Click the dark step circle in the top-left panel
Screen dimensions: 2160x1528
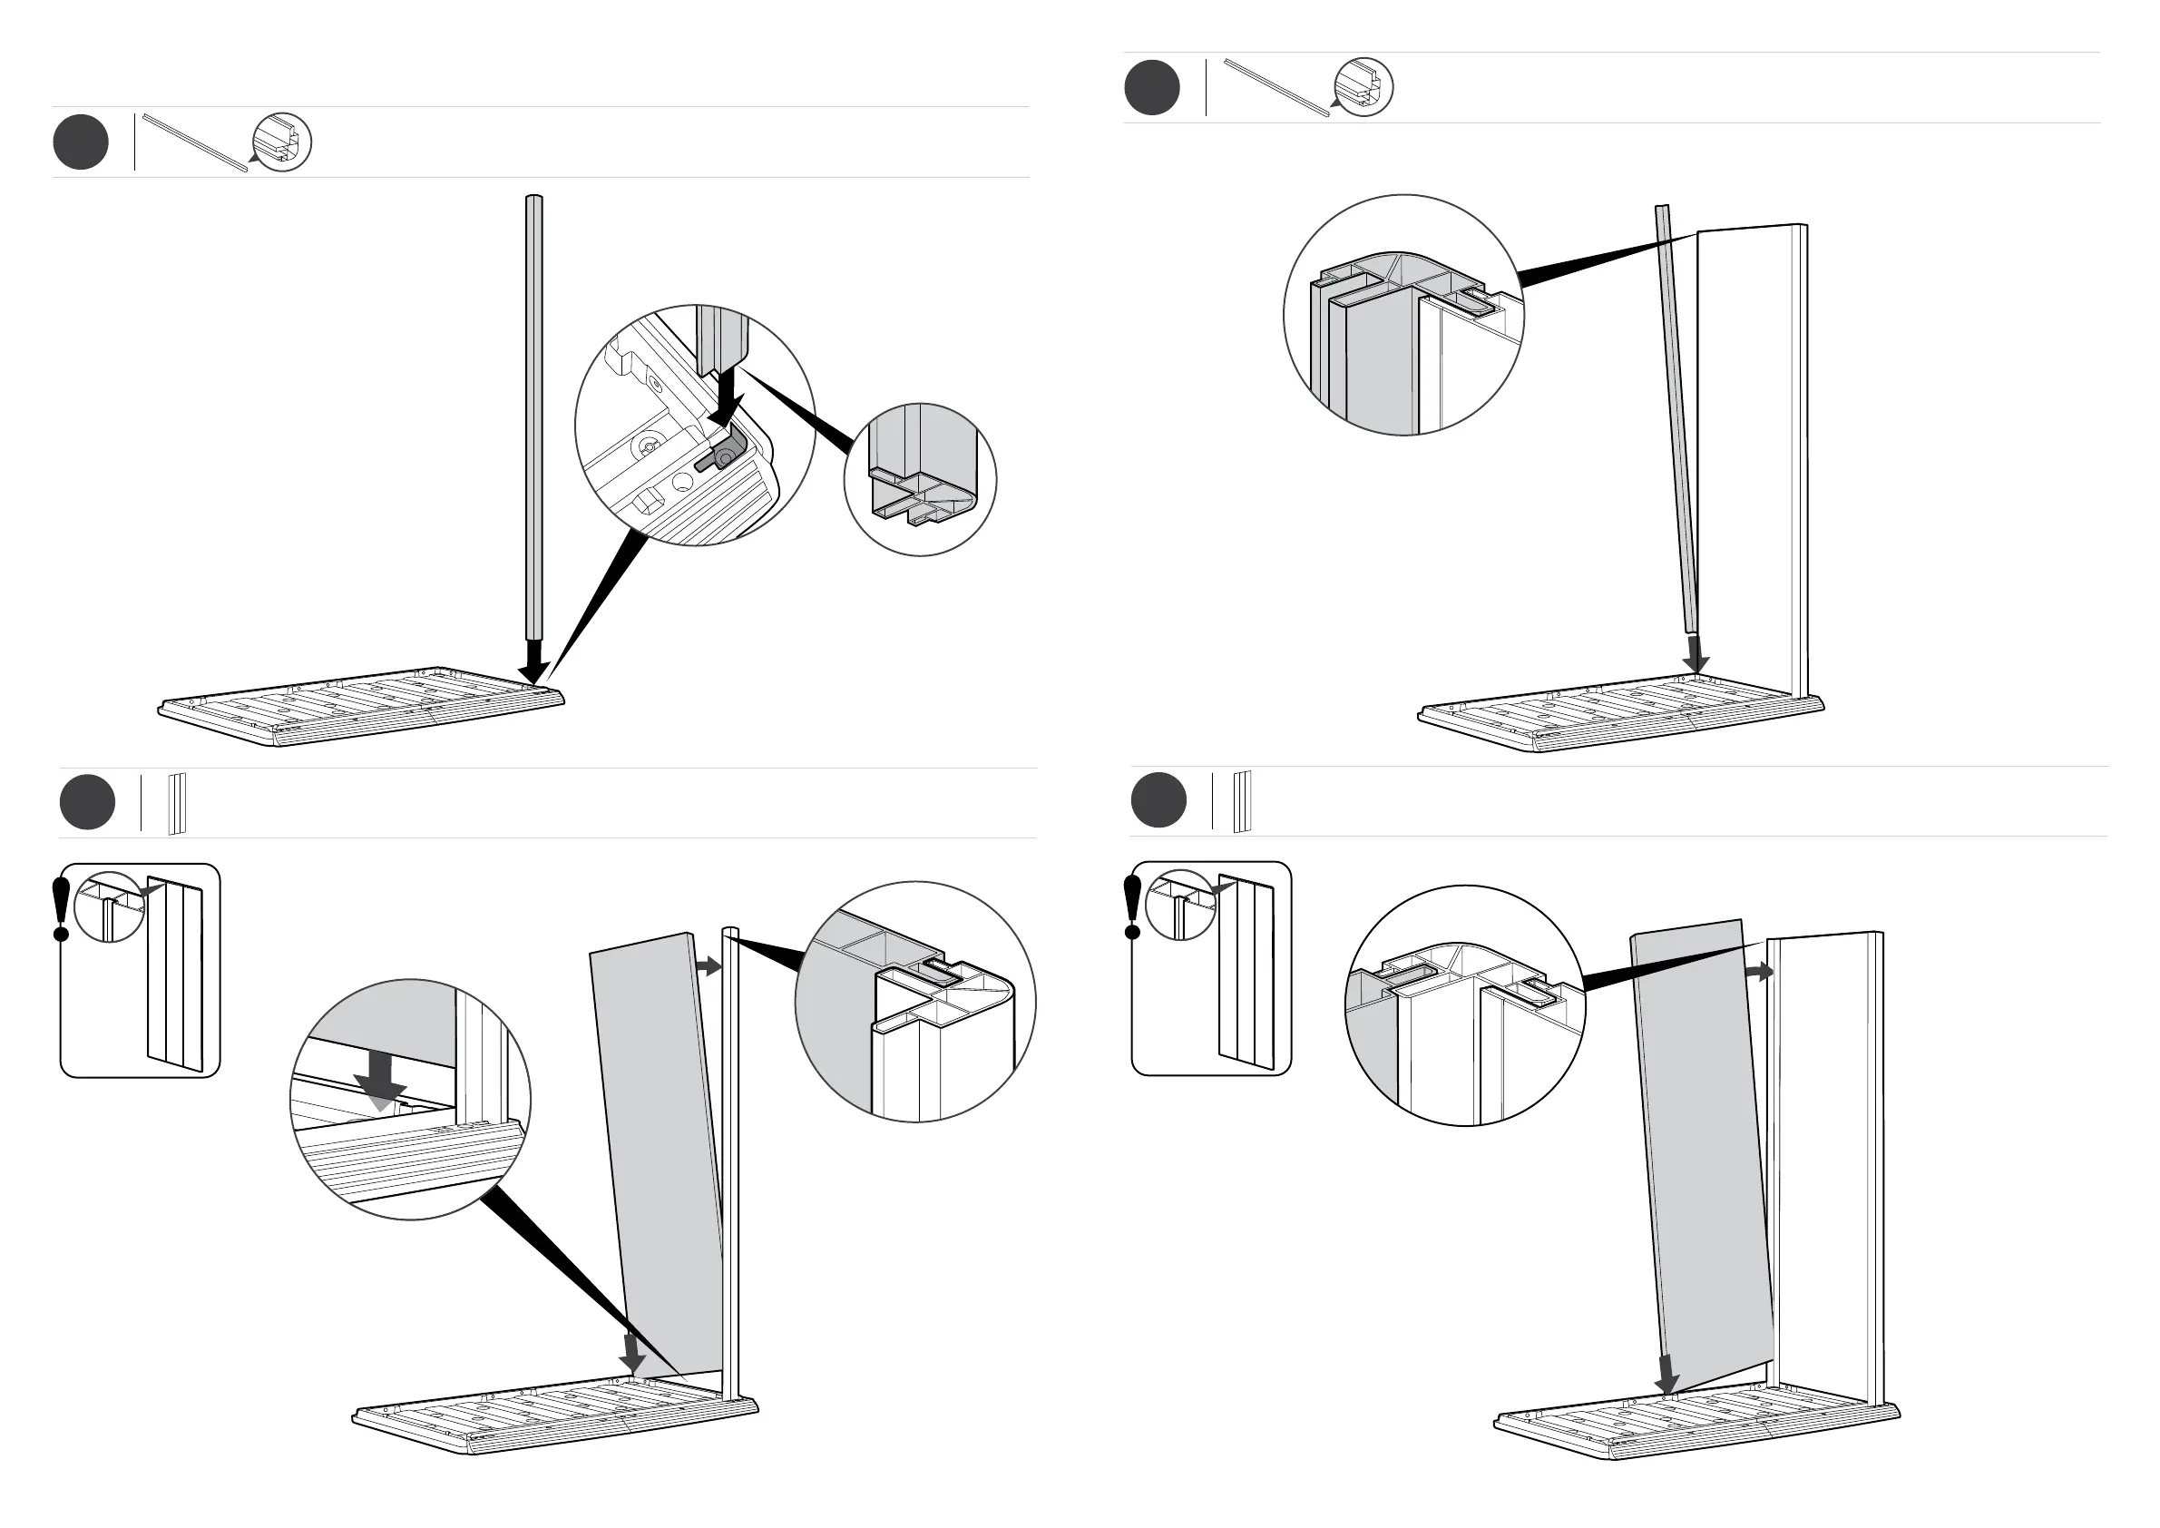tap(81, 142)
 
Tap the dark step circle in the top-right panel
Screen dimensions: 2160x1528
tap(1151, 87)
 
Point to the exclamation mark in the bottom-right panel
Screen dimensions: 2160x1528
tap(1133, 906)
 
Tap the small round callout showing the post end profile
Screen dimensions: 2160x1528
tap(919, 480)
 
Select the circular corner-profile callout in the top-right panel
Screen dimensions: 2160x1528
tap(1403, 315)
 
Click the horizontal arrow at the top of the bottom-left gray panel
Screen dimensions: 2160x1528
tap(708, 966)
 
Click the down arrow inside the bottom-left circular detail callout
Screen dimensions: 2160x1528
tap(381, 1079)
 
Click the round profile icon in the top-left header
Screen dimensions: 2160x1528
tap(283, 144)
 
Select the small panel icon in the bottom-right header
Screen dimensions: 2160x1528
tap(1242, 801)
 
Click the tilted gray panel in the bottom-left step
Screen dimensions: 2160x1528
tap(659, 1157)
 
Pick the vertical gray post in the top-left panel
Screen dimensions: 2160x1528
tap(533, 414)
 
